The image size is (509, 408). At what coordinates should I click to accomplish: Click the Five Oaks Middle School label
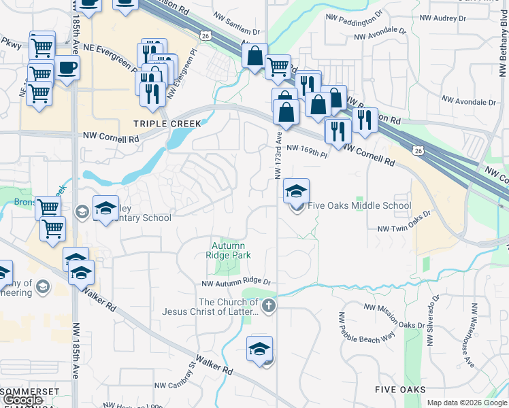[360, 205]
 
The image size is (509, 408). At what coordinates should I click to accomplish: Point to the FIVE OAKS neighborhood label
[400, 389]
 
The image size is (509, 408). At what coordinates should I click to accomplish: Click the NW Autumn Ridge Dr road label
[236, 282]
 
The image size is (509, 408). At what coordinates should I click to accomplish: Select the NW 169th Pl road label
[307, 151]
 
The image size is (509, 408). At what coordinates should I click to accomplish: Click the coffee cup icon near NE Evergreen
[67, 69]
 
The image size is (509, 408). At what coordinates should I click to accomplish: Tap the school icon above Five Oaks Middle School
[296, 191]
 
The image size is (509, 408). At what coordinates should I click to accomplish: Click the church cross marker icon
[269, 305]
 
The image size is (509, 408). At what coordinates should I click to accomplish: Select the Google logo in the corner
[22, 400]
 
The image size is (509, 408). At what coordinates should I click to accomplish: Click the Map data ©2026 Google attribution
[466, 403]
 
